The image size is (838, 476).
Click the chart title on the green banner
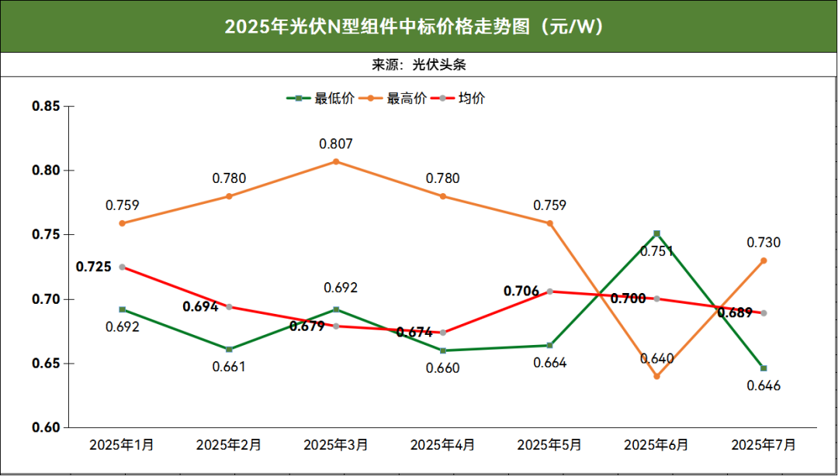(x=414, y=26)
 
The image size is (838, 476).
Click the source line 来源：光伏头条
(x=419, y=64)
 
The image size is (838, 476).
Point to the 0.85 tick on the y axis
(x=45, y=106)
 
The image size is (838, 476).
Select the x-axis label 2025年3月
(x=335, y=445)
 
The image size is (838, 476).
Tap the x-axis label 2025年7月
(x=764, y=445)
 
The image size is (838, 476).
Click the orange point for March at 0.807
(x=336, y=161)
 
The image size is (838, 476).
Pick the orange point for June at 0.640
(x=656, y=376)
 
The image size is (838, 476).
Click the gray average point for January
(x=122, y=267)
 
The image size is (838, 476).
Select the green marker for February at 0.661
(x=229, y=349)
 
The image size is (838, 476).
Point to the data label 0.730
(x=764, y=243)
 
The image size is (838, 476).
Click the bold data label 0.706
(x=521, y=291)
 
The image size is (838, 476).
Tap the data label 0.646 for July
(x=764, y=386)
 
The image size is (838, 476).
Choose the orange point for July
(x=764, y=260)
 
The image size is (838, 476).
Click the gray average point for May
(x=550, y=291)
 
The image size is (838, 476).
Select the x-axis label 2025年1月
(x=122, y=445)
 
